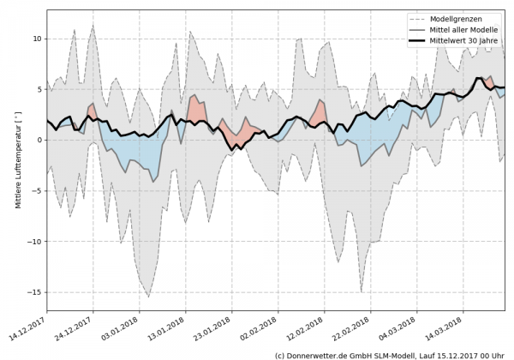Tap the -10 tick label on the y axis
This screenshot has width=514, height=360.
click(x=35, y=241)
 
